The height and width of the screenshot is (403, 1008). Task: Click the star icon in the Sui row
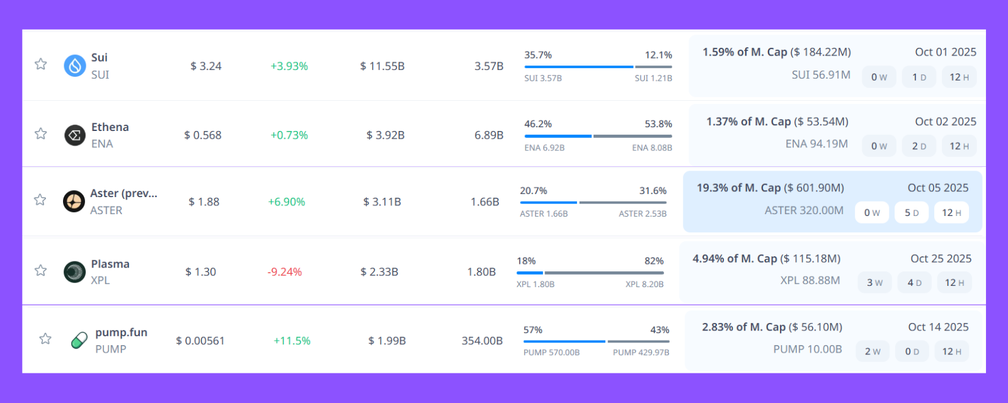click(x=41, y=64)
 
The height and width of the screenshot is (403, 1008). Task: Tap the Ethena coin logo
click(x=75, y=135)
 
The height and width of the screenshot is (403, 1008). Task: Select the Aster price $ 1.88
click(x=203, y=202)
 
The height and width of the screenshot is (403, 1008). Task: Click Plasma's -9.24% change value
click(x=284, y=272)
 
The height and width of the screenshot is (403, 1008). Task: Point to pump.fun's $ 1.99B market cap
click(x=387, y=341)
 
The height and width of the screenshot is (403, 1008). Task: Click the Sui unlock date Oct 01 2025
click(x=945, y=52)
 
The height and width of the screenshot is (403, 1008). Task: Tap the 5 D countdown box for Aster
click(x=911, y=213)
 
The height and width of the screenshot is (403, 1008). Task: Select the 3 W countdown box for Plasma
click(x=874, y=283)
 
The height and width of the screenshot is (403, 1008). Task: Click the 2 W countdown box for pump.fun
click(x=873, y=351)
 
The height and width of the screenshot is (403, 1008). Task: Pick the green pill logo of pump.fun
click(x=79, y=341)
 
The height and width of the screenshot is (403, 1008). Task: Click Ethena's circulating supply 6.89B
click(x=488, y=135)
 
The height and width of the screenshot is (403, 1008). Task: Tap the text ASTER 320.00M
click(x=804, y=210)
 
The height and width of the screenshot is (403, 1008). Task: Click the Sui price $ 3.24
click(x=206, y=66)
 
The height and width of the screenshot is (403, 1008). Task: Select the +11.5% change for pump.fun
click(x=292, y=341)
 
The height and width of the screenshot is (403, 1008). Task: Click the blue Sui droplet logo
click(x=75, y=65)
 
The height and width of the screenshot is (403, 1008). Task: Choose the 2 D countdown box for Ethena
click(x=919, y=146)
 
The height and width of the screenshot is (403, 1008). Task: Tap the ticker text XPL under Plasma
click(x=100, y=280)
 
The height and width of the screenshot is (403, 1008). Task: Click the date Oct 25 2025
click(x=941, y=259)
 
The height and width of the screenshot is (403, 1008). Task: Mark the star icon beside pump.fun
click(x=45, y=339)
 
